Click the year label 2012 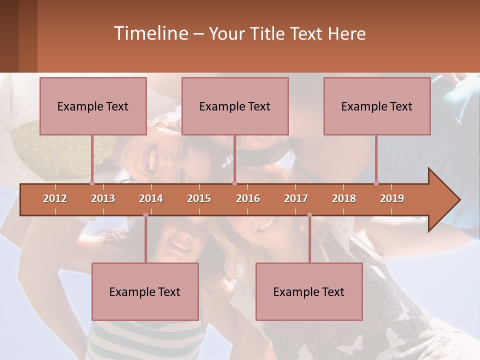tap(55, 198)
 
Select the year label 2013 tap(103, 198)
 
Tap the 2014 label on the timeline tap(151, 198)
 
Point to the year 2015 tap(199, 198)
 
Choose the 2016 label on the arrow tap(248, 198)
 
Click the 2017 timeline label tap(296, 198)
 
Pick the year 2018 tap(344, 198)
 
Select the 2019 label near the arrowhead tap(392, 198)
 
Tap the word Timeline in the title tap(150, 33)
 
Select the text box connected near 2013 tap(93, 106)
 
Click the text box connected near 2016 tap(235, 106)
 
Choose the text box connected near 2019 tap(377, 106)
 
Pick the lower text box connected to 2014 tap(145, 291)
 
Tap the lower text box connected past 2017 tap(309, 291)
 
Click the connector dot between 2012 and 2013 tap(92, 183)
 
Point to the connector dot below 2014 tap(145, 215)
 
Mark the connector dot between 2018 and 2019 tap(376, 183)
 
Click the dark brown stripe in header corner tap(9, 36)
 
